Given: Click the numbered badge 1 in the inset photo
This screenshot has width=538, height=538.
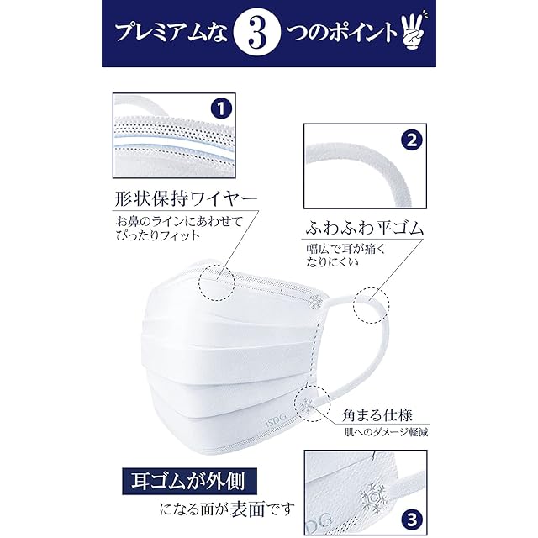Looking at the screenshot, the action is click(221, 109).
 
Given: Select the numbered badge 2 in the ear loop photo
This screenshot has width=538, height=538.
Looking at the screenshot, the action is click(411, 140).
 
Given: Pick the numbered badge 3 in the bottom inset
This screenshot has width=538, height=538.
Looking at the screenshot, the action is click(411, 520).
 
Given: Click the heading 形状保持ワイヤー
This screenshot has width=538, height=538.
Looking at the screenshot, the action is click(186, 199).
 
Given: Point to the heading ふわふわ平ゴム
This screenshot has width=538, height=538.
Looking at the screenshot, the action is click(364, 229).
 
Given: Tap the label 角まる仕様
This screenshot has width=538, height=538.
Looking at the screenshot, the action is click(377, 414).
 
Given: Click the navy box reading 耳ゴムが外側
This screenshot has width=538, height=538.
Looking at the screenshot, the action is click(189, 482).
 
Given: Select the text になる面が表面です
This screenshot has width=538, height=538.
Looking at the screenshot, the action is click(227, 509).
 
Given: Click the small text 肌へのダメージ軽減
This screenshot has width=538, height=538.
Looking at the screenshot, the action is click(386, 432).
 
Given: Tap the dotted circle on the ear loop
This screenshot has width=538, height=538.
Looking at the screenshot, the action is click(372, 305).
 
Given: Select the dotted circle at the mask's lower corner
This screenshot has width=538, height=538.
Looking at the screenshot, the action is click(312, 403).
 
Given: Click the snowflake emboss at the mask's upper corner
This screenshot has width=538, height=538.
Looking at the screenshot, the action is click(316, 301).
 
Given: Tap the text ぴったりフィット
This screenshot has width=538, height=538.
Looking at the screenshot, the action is click(158, 235).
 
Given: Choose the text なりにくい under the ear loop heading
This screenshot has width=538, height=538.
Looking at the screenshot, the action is click(332, 261).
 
